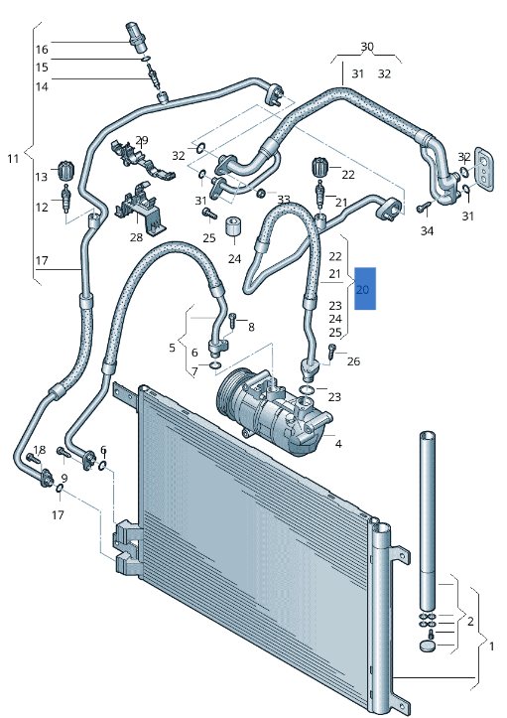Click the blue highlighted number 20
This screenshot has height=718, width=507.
[364, 289]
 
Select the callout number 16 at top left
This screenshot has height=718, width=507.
[42, 50]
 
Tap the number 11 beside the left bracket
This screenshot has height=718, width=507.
[13, 159]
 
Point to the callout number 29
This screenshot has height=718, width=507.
[142, 140]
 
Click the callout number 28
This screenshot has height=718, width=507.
[136, 237]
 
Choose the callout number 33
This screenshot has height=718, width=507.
[284, 200]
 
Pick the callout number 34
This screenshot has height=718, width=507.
[427, 231]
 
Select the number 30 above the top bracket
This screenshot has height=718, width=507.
[367, 47]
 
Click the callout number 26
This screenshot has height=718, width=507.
[354, 360]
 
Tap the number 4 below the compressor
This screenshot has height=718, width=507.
[338, 443]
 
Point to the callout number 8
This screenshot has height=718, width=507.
[251, 327]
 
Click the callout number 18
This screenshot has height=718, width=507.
[39, 451]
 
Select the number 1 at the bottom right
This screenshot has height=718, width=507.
[493, 646]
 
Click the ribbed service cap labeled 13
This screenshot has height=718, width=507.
[67, 168]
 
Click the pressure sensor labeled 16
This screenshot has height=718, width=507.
[138, 34]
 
